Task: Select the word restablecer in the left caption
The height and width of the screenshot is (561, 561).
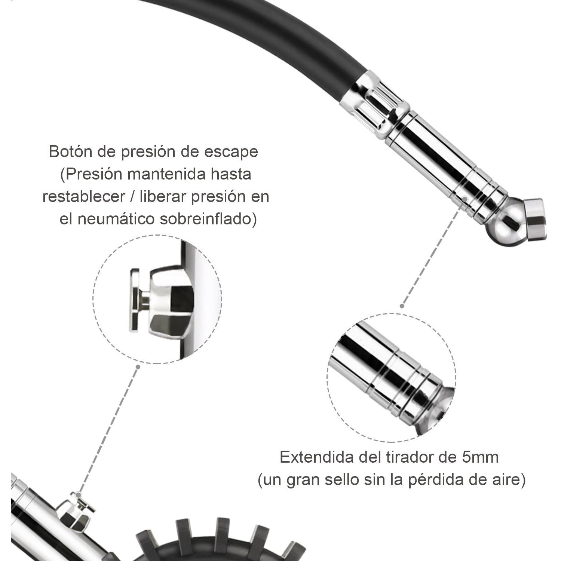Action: [x=84, y=197]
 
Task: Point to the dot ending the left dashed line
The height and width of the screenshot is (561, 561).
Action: [x=138, y=367]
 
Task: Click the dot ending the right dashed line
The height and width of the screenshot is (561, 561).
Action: [x=402, y=306]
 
